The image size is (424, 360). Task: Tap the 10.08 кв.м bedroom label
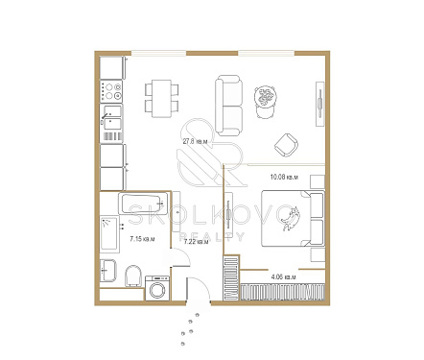(284, 177)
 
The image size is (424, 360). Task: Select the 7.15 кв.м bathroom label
(142, 238)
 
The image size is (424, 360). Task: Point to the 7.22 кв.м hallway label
(196, 242)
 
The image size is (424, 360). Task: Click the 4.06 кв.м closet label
(283, 276)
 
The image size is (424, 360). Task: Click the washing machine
(157, 288)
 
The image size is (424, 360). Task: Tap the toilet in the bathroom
(133, 276)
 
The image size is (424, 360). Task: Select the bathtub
(144, 204)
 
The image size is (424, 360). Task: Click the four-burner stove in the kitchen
(111, 91)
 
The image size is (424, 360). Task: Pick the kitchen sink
(111, 118)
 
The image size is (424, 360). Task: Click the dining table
(161, 99)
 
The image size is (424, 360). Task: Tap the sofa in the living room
(229, 106)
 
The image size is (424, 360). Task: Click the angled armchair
(286, 145)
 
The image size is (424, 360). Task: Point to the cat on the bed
(291, 219)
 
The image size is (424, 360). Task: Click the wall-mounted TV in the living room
(320, 104)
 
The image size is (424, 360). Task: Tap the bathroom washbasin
(108, 271)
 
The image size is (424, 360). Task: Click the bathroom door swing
(181, 257)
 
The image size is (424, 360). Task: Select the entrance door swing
(199, 289)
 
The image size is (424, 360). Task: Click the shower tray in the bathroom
(109, 234)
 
